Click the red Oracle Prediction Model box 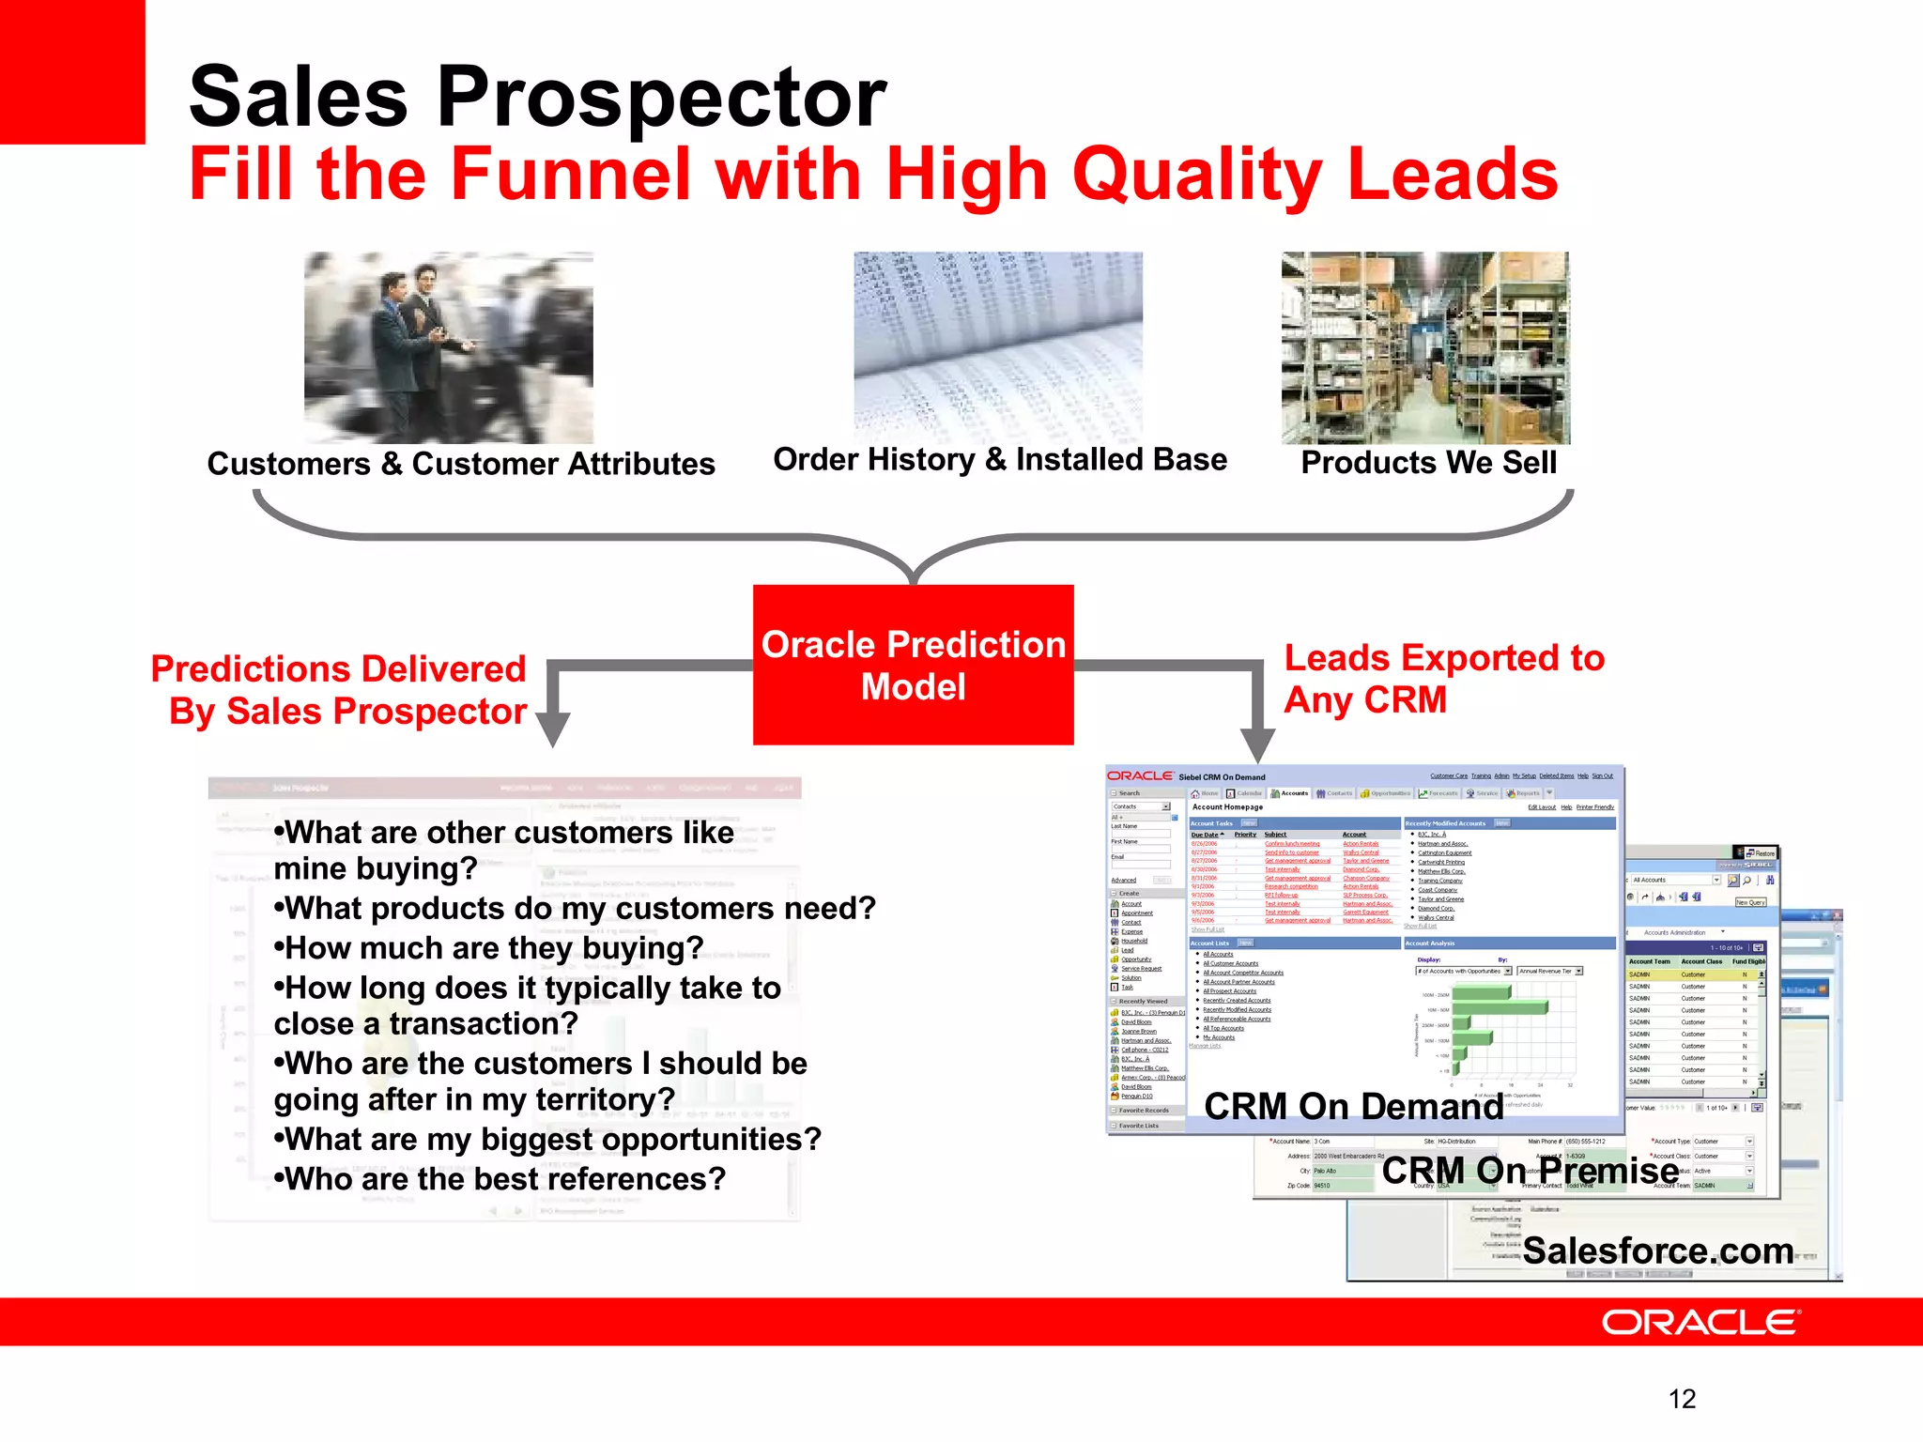pyautogui.click(x=913, y=665)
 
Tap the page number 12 pyautogui.click(x=1682, y=1399)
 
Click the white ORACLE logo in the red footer pyautogui.click(x=1700, y=1323)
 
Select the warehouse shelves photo pyautogui.click(x=1424, y=347)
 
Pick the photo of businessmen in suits pyautogui.click(x=448, y=347)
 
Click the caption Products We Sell pyautogui.click(x=1428, y=463)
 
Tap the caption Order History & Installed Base pyautogui.click(x=1000, y=460)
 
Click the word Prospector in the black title pyautogui.click(x=661, y=98)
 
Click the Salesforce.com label pyautogui.click(x=1658, y=1250)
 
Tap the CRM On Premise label pyautogui.click(x=1531, y=1171)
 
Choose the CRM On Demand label pyautogui.click(x=1353, y=1107)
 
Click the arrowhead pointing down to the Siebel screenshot pyautogui.click(x=1257, y=745)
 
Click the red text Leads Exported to pyautogui.click(x=1444, y=658)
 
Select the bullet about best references pyautogui.click(x=505, y=1179)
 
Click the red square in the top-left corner pyautogui.click(x=72, y=71)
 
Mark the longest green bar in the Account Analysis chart pyautogui.click(x=1500, y=1007)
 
